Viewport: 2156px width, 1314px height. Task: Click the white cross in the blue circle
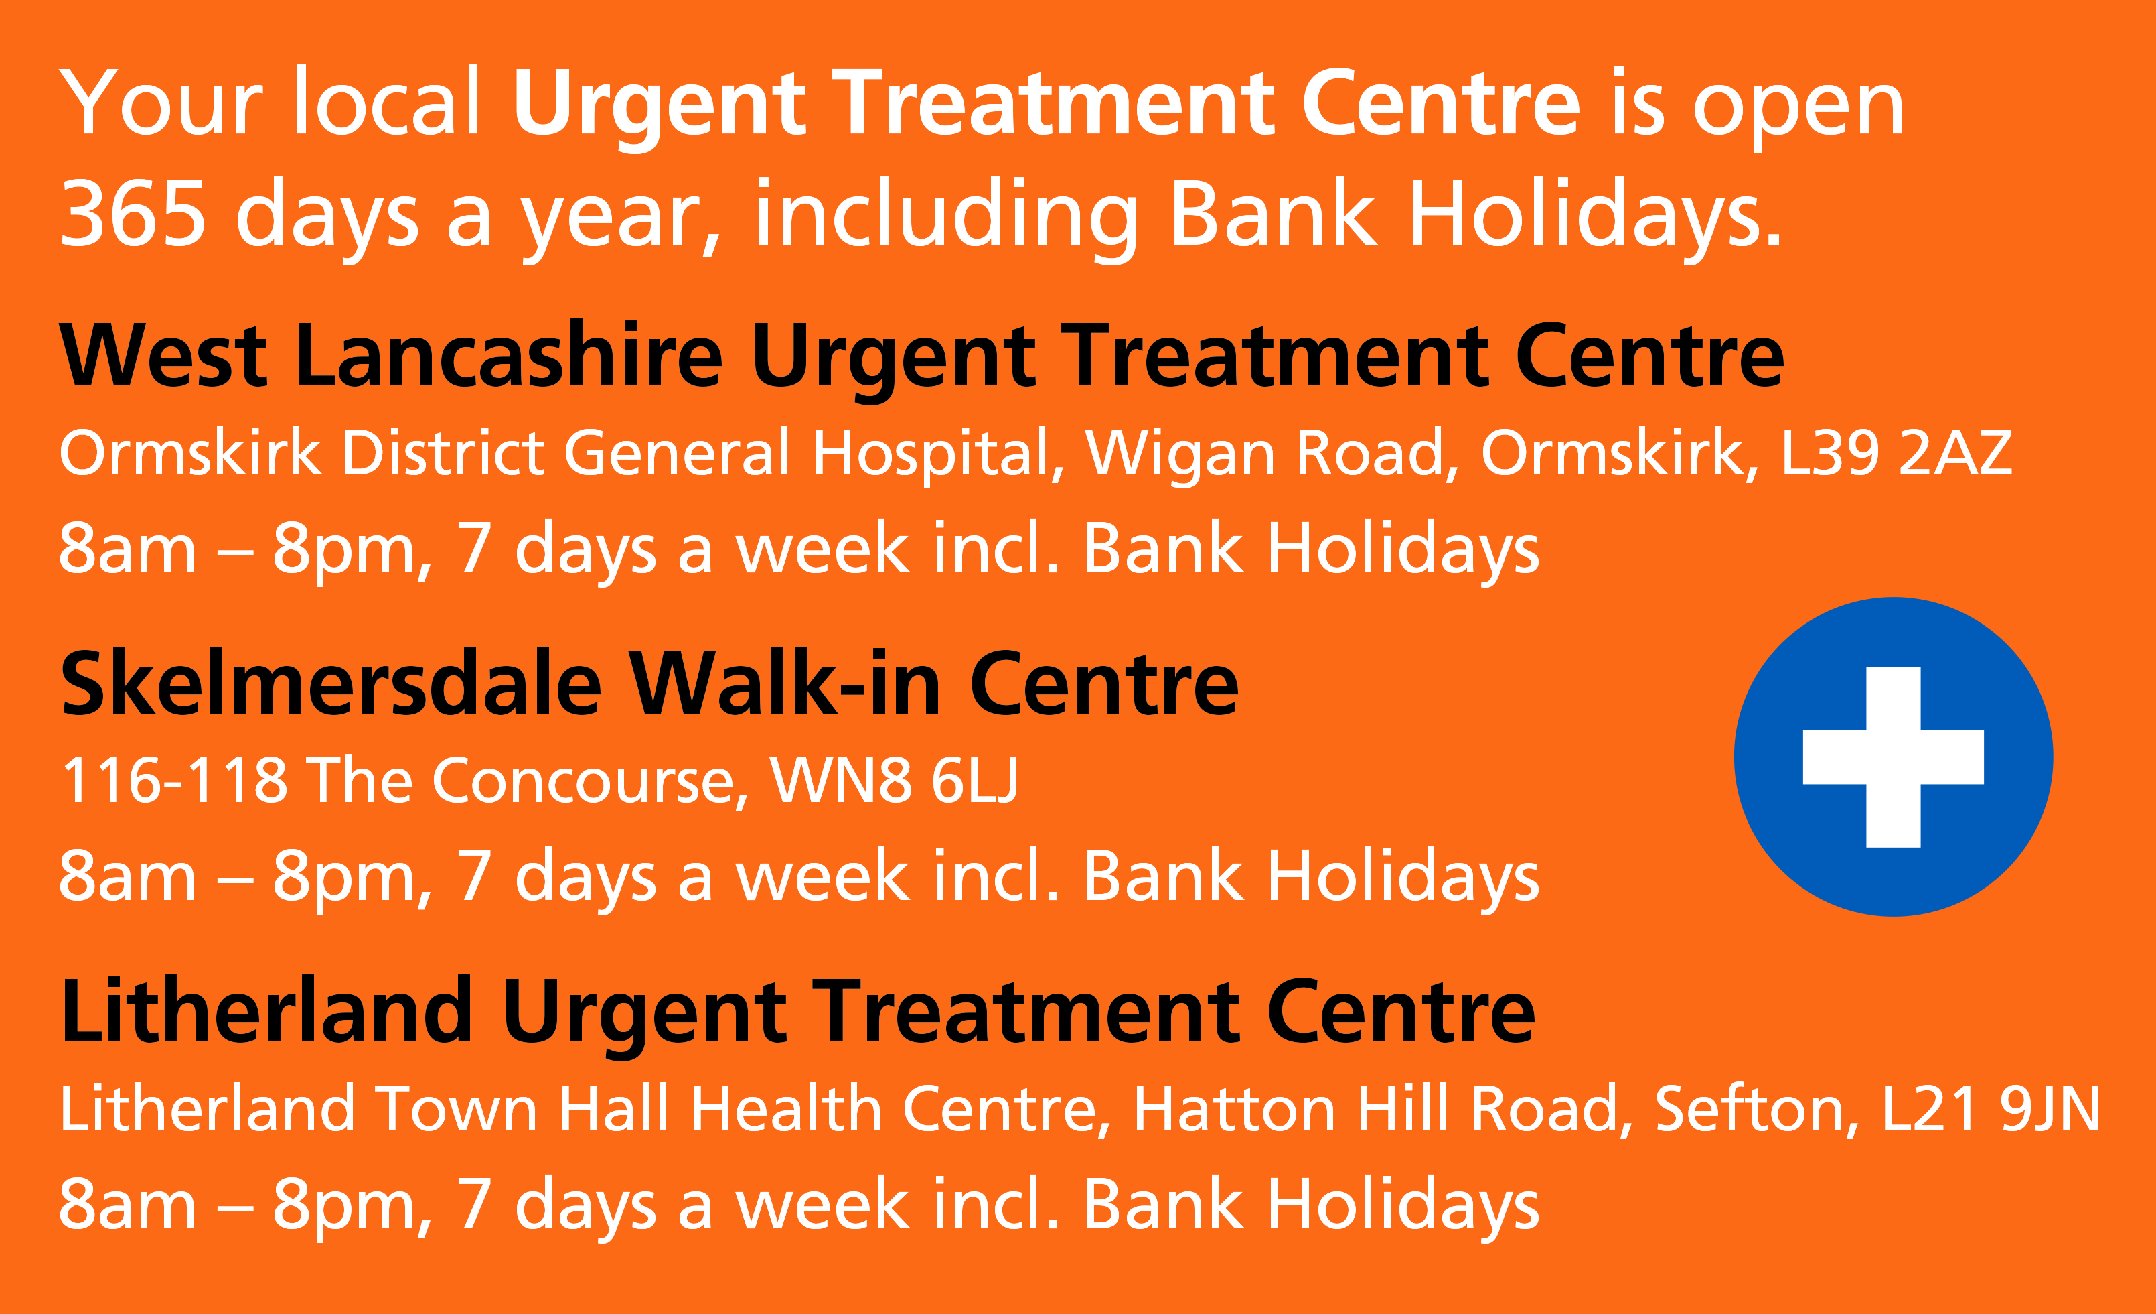pyautogui.click(x=1893, y=757)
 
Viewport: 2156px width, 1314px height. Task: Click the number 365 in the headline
pyautogui.click(x=133, y=214)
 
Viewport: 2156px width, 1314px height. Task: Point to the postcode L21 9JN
pyautogui.click(x=1991, y=1108)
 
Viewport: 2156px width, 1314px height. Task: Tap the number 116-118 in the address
pyautogui.click(x=173, y=780)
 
